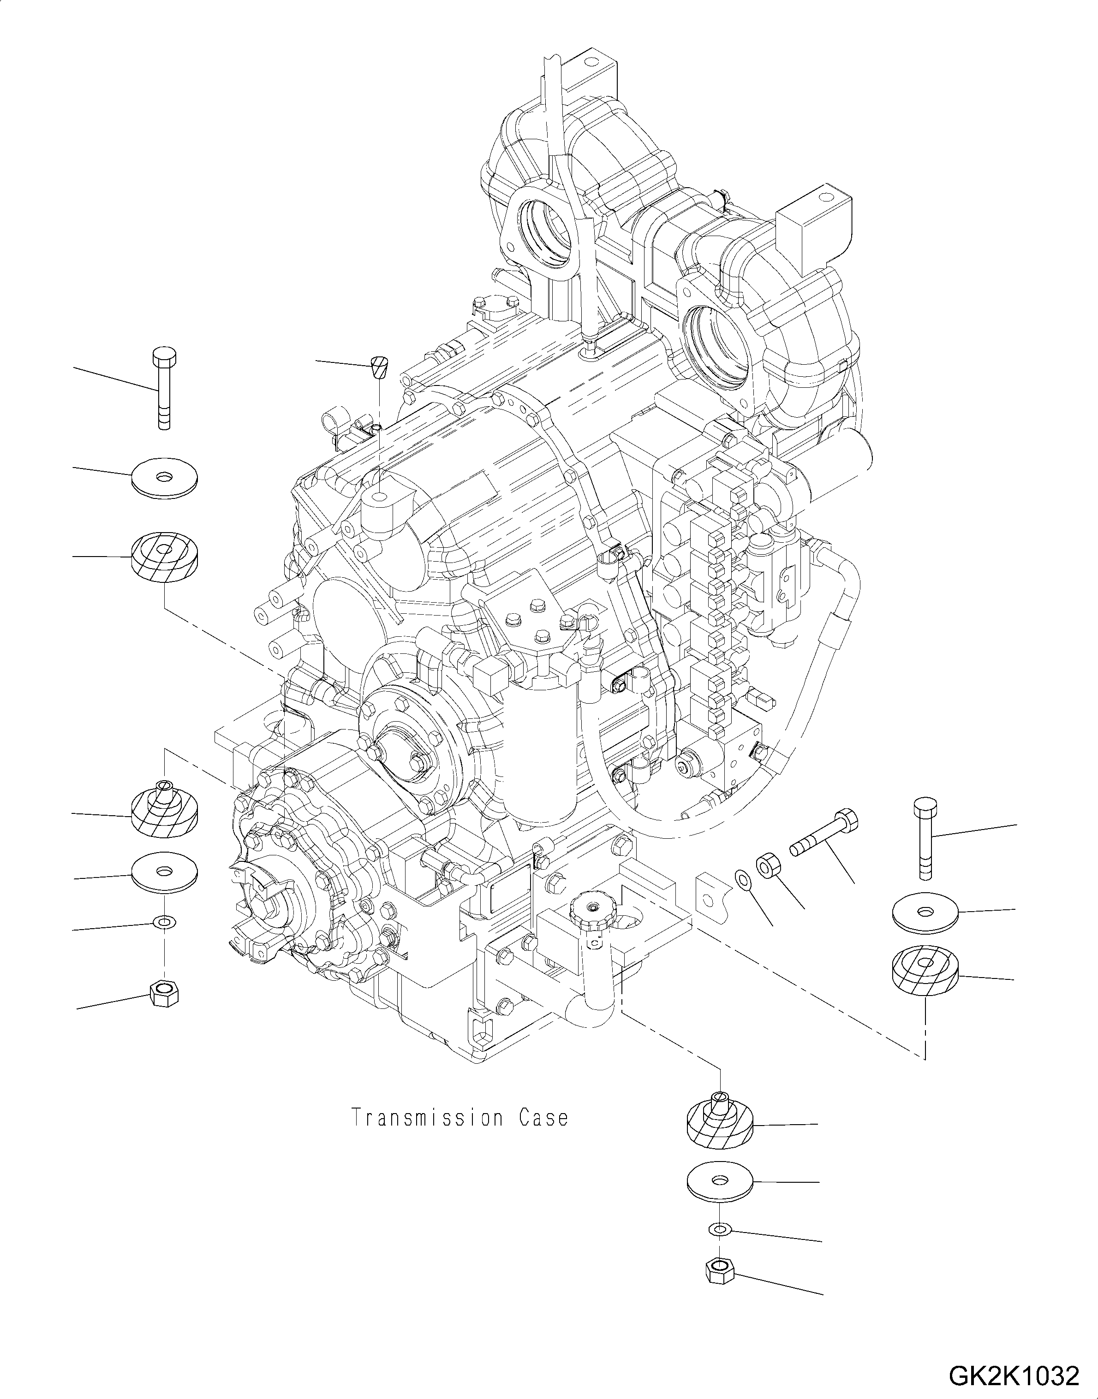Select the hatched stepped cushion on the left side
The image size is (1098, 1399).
(x=165, y=811)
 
